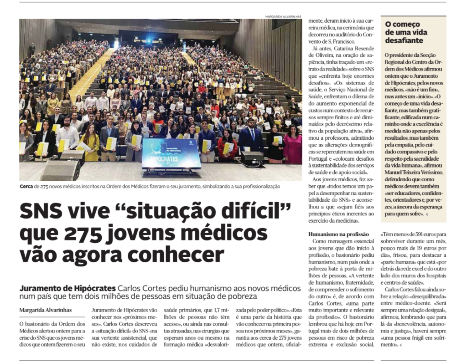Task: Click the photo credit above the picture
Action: [x=283, y=16]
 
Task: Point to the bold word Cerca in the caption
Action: [x=26, y=186]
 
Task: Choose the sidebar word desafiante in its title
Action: [x=404, y=41]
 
